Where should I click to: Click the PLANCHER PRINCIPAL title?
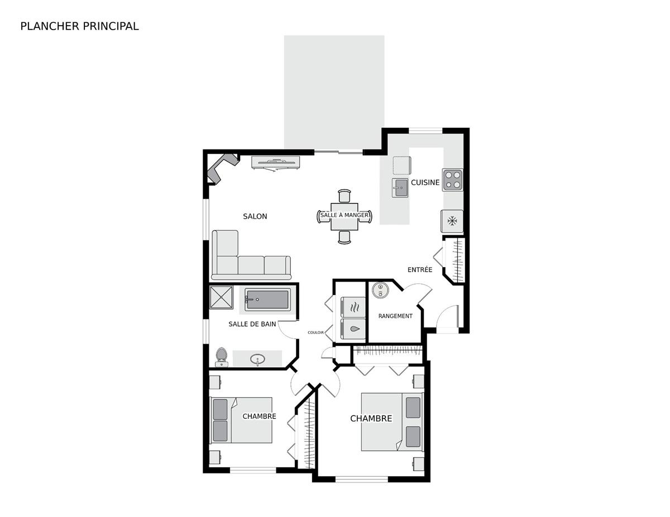click(x=79, y=26)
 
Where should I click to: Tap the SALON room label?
click(x=255, y=216)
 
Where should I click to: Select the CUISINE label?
click(x=425, y=182)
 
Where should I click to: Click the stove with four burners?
click(x=453, y=180)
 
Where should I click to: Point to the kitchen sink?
click(x=400, y=187)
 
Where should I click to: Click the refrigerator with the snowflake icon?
click(x=452, y=221)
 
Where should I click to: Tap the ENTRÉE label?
click(x=420, y=270)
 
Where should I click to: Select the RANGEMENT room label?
click(x=395, y=316)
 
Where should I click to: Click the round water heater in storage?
click(x=380, y=290)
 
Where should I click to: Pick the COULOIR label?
click(x=315, y=332)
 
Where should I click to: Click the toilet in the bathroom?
click(x=222, y=357)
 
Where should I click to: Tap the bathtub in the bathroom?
click(x=267, y=299)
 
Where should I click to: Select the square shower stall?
click(x=222, y=297)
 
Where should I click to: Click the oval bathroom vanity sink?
click(x=257, y=359)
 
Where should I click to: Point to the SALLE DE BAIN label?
click(x=252, y=324)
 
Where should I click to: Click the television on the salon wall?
click(x=276, y=163)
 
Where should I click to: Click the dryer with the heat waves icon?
click(x=353, y=307)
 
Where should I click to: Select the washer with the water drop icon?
click(x=353, y=329)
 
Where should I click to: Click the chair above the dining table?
click(x=344, y=196)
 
